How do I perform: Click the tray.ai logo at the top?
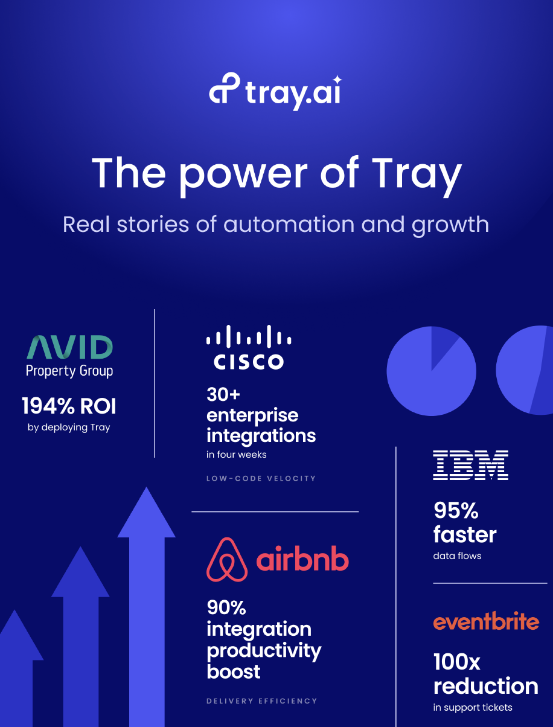click(275, 91)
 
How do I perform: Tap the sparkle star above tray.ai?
click(337, 80)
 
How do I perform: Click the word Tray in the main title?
click(416, 175)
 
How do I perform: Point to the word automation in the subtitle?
click(289, 224)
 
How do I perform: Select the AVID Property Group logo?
click(69, 356)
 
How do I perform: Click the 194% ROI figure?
click(69, 406)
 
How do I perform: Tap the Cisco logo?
click(249, 347)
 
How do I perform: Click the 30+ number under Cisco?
click(223, 394)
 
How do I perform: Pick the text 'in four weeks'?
click(237, 455)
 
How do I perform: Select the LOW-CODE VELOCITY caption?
click(261, 478)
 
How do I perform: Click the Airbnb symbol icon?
click(227, 559)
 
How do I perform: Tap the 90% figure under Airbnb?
click(226, 607)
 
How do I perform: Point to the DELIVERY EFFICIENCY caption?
click(261, 701)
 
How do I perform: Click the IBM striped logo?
click(470, 465)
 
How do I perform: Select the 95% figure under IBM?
click(456, 510)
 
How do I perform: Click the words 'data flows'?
click(457, 556)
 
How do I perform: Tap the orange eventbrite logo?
click(486, 621)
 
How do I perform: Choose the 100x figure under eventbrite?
click(456, 662)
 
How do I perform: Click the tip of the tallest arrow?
click(146, 487)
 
